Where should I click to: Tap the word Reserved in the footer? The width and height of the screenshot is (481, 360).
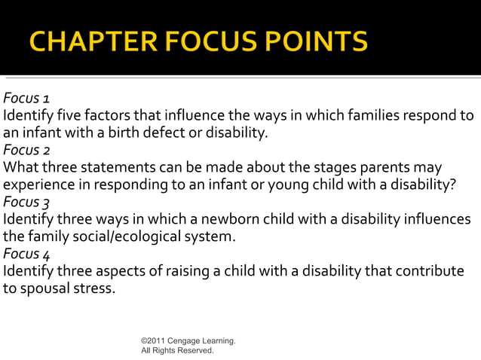[195, 350]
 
